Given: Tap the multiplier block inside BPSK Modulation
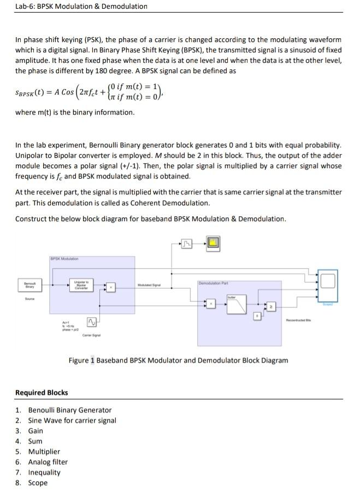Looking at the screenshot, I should point(111,286).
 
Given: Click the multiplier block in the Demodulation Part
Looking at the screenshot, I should point(210,304).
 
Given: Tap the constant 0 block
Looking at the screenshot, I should point(257,316).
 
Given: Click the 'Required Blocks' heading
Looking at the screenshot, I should point(42,392).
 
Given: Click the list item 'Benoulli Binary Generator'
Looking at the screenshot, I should point(69,410).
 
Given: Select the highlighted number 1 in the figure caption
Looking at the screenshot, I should point(92,360).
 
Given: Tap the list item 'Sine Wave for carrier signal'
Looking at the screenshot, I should point(72,421).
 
